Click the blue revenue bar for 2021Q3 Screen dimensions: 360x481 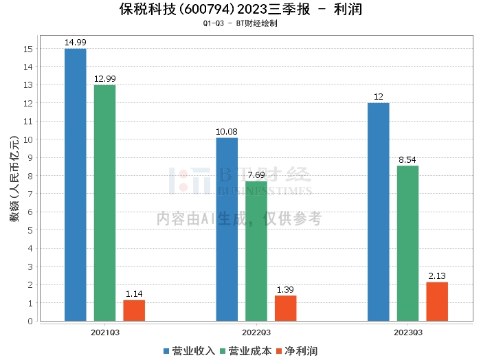point(75,185)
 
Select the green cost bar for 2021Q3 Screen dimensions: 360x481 point(104,203)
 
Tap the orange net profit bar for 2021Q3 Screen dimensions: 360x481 point(134,311)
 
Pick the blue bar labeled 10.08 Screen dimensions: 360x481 point(227,229)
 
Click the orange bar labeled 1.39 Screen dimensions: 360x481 point(285,308)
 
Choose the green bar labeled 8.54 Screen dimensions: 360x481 point(407,243)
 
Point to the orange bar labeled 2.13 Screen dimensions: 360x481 point(437,302)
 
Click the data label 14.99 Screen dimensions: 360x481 point(75,43)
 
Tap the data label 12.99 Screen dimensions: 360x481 point(104,79)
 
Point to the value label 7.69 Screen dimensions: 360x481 point(256,175)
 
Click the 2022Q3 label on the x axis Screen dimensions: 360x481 point(256,333)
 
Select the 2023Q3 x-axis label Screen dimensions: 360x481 point(407,333)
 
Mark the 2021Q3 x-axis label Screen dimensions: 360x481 point(104,333)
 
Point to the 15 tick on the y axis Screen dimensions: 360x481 point(28,49)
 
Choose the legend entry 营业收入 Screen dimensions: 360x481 point(189,351)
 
